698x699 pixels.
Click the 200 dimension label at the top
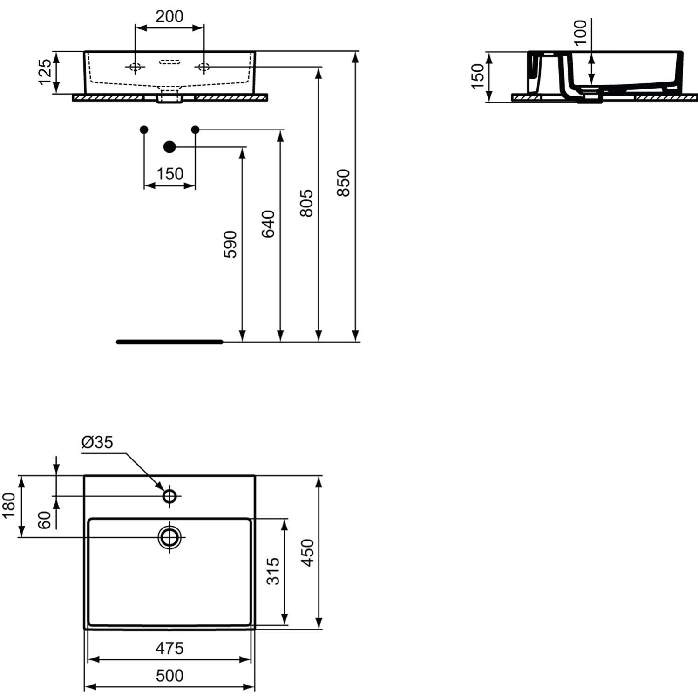click(x=169, y=16)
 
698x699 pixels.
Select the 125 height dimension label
click(x=45, y=72)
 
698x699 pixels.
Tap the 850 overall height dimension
click(x=343, y=183)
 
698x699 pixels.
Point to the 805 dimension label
click(x=306, y=203)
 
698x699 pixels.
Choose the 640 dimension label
click(x=268, y=224)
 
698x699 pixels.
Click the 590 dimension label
click(x=230, y=244)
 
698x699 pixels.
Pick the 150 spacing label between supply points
click(x=169, y=174)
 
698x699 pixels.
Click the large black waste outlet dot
click(x=169, y=147)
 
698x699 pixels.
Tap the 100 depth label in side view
click(x=580, y=33)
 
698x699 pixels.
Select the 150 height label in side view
click(x=478, y=76)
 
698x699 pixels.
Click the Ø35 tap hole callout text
click(x=97, y=442)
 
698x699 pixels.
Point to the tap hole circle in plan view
click(x=169, y=496)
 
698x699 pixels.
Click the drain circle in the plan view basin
click(x=169, y=537)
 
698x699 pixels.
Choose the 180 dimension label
click(x=9, y=506)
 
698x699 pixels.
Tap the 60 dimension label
click(x=44, y=520)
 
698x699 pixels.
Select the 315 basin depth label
click(x=273, y=571)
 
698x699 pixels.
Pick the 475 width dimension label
click(x=169, y=648)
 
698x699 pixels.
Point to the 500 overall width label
click(x=169, y=675)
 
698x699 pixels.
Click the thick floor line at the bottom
click(x=169, y=342)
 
